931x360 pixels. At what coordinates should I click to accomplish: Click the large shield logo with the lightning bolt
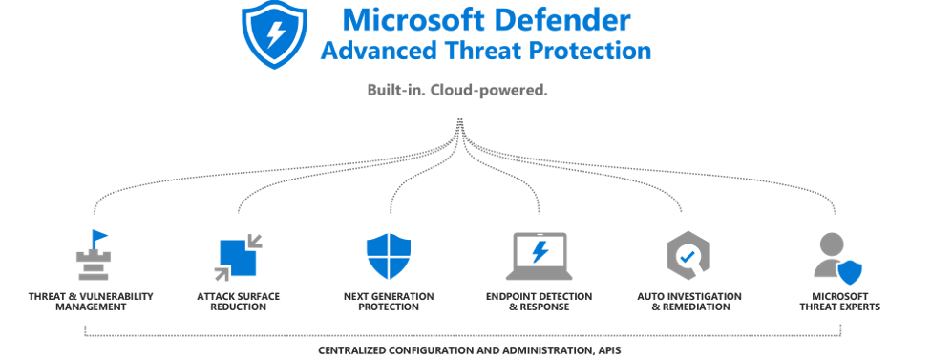point(274,34)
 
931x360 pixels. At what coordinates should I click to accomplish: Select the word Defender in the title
point(561,20)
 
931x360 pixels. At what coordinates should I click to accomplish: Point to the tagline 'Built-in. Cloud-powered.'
point(457,91)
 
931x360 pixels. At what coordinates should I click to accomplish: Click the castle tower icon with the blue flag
point(94,255)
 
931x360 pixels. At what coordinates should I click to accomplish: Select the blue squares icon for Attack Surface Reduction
point(238,257)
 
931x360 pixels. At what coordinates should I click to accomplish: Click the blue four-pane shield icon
point(389,256)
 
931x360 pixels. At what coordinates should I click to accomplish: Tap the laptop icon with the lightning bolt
point(540,256)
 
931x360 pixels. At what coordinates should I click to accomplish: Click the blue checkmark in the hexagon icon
point(688,257)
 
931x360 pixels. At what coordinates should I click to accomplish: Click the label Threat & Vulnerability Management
point(91,302)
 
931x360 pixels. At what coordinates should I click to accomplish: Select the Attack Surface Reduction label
point(238,302)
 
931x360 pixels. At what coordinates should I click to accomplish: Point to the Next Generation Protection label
point(389,302)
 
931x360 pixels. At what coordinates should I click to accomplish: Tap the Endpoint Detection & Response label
point(540,302)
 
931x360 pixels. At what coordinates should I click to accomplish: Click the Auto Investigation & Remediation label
point(689,302)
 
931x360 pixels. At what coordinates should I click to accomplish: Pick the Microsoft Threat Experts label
point(839,302)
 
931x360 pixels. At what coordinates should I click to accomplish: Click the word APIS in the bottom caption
point(608,350)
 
